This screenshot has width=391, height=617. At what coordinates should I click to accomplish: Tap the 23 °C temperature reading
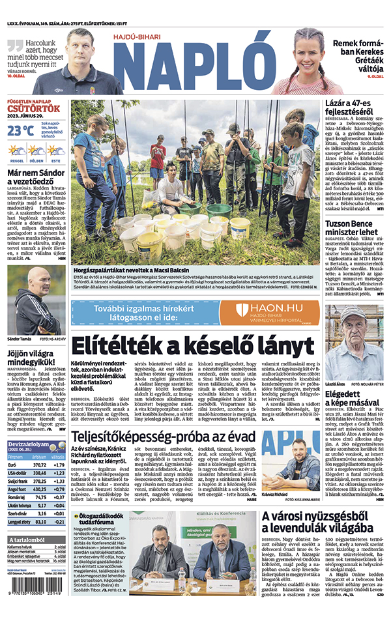tap(20, 130)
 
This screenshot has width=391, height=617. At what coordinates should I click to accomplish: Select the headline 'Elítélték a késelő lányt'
tap(192, 345)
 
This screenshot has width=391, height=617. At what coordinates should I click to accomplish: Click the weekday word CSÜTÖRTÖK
tap(34, 109)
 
